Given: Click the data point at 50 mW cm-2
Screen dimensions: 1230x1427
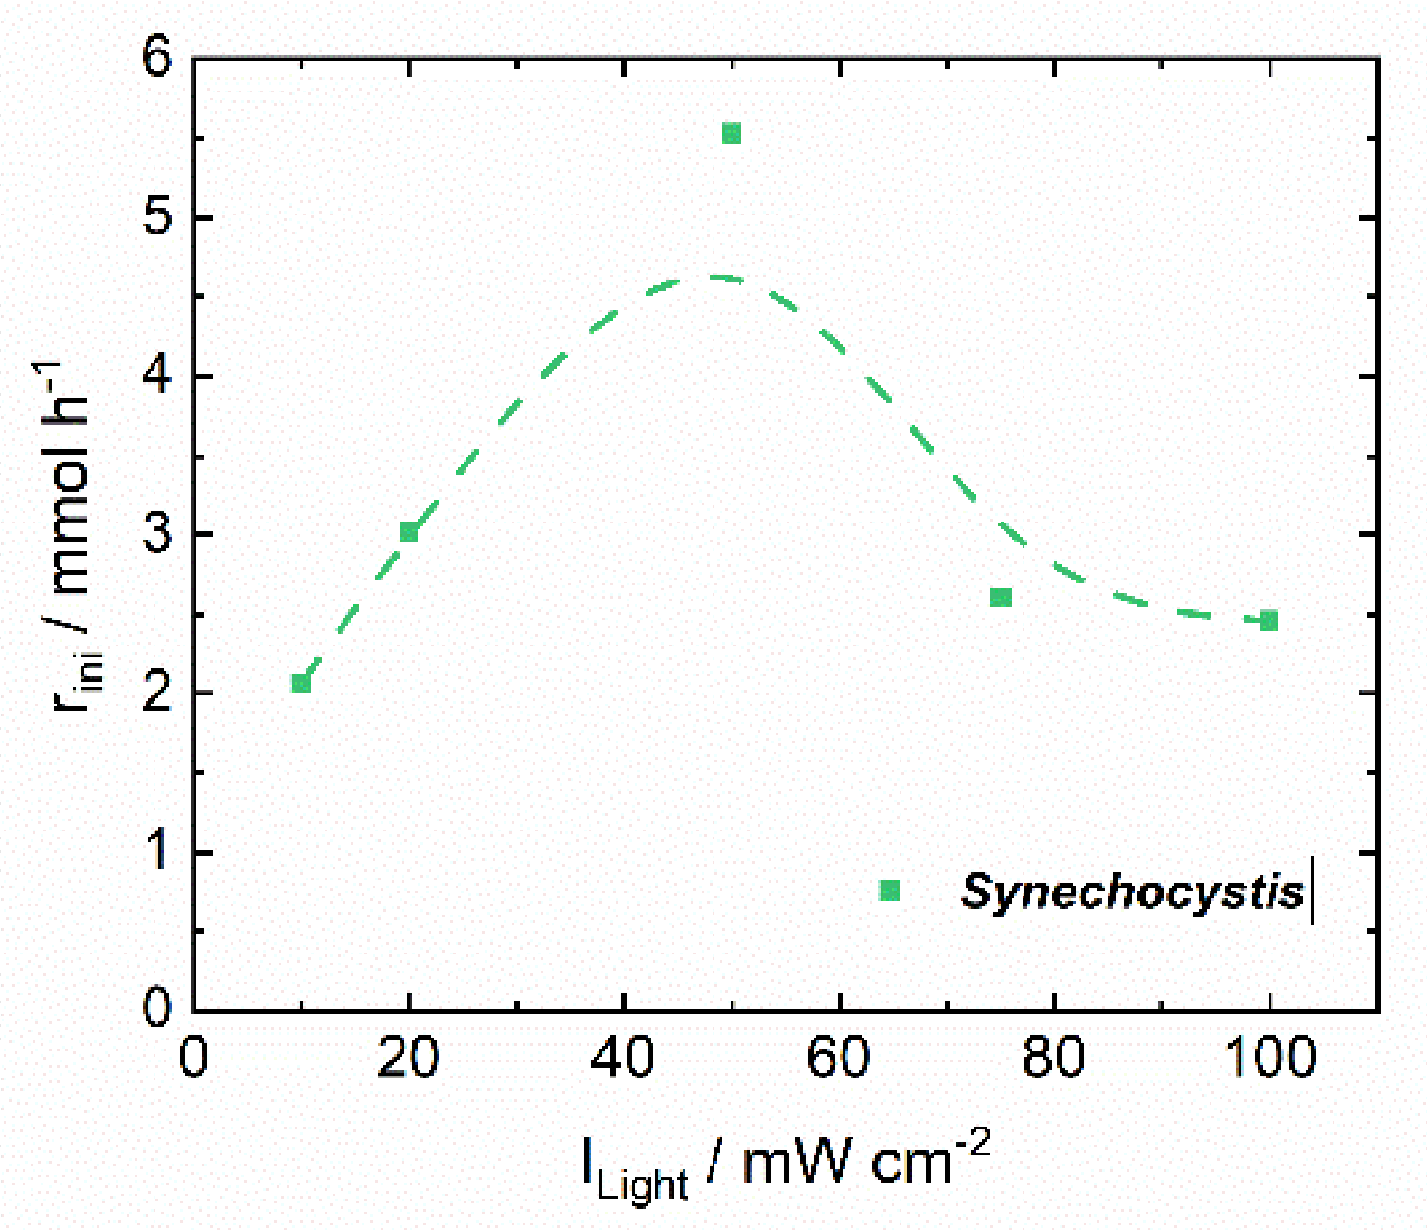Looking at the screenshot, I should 731,133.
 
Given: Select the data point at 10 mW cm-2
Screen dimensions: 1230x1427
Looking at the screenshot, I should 301,683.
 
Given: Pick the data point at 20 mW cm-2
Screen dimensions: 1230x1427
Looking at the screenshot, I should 409,532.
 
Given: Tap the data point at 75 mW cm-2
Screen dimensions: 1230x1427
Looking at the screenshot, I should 1001,597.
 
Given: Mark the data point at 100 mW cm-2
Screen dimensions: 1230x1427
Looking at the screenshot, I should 1269,620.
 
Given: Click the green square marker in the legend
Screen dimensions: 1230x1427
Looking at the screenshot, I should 890,891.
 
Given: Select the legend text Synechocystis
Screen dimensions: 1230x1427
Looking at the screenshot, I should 1133,892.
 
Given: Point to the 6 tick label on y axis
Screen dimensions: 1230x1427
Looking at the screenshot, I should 157,57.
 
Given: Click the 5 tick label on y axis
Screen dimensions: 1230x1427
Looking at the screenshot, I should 157,216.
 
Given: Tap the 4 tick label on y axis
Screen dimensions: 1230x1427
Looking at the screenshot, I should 157,376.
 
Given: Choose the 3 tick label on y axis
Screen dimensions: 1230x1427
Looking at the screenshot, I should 157,534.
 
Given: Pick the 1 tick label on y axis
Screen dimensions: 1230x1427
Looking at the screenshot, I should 157,851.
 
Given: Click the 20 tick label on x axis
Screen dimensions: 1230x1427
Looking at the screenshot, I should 408,1058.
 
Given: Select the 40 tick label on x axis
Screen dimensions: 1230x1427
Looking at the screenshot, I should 624,1058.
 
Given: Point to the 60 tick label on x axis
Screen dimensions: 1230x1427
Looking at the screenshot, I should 838,1058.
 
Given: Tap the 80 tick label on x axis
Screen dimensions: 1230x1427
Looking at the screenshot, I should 1054,1058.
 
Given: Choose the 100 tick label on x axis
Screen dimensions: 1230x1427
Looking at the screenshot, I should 1270,1058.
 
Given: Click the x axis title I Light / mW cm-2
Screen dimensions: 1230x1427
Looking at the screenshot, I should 785,1166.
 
